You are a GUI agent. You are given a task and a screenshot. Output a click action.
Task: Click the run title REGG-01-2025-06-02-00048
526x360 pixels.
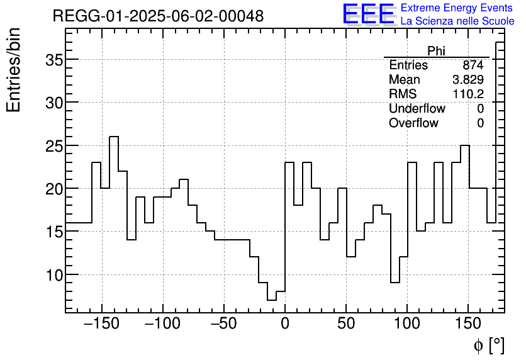pos(158,16)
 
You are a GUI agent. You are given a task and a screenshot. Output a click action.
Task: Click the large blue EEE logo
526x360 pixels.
pos(368,14)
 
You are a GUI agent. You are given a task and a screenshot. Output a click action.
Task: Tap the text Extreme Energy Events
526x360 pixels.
pos(457,8)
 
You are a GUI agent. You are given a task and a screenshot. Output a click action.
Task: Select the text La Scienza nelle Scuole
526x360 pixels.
pos(457,21)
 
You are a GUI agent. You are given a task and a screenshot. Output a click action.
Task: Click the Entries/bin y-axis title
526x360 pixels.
pos(14,70)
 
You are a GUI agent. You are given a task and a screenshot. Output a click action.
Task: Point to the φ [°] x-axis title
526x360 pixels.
pos(488,345)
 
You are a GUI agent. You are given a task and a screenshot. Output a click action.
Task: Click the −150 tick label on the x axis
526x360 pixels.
pos(102,325)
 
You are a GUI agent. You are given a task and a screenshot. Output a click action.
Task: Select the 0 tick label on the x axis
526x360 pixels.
pos(285,325)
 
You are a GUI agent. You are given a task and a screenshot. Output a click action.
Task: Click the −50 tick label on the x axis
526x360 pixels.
pos(224,325)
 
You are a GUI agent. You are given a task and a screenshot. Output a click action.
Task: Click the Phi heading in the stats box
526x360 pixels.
pos(436,51)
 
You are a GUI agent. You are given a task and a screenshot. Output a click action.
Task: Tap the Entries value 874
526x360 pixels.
pos(473,65)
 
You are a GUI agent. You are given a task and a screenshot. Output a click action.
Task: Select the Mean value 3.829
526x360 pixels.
pos(467,80)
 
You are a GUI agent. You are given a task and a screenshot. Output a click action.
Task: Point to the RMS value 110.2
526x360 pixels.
pos(467,94)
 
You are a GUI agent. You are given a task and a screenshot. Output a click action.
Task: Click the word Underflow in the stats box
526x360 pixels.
pos(417,109)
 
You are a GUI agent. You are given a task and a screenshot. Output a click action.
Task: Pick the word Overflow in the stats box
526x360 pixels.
pos(413,123)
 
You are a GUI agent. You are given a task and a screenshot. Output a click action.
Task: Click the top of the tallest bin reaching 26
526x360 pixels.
pos(114,137)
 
